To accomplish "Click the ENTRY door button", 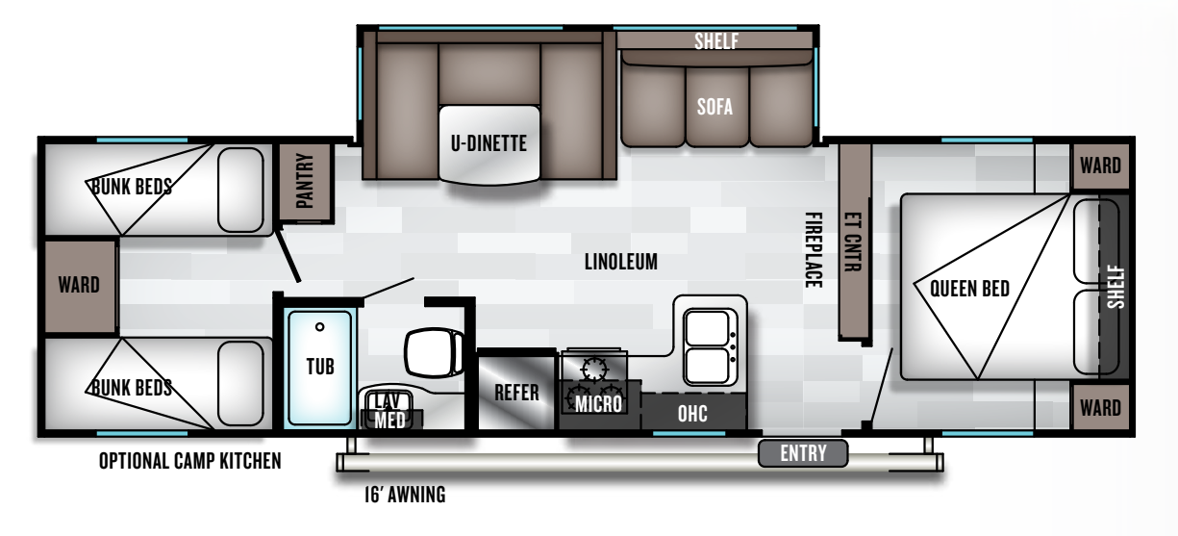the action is (x=803, y=453).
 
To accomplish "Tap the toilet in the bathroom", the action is (x=434, y=352).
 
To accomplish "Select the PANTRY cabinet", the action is (x=306, y=182).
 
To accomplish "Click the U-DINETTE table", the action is (x=489, y=144).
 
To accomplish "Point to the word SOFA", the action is (x=714, y=107).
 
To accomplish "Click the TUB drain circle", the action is (x=319, y=326).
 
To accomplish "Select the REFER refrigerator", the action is (x=516, y=391).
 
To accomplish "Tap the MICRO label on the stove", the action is (x=598, y=404).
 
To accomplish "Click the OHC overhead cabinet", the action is (x=693, y=413).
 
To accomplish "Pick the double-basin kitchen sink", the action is (x=710, y=347).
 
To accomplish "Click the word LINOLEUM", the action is (x=621, y=262).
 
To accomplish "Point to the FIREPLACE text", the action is (x=814, y=250).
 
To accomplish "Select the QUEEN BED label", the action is (x=969, y=289).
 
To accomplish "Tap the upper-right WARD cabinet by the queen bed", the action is (x=1101, y=166).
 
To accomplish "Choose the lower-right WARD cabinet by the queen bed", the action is (x=1101, y=408).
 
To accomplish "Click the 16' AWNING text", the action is (x=405, y=495).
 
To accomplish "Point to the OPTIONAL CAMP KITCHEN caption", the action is (x=189, y=461).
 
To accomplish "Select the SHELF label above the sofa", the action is (x=716, y=41).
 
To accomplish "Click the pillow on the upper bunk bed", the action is (x=240, y=190).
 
